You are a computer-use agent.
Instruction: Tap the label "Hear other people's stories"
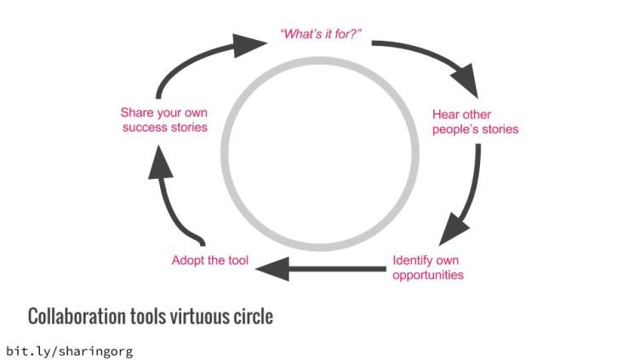[x=475, y=122]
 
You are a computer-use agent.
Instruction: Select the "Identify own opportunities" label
[x=428, y=267]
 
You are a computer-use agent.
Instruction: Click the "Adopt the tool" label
[x=210, y=260]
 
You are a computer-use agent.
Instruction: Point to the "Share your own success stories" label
[x=163, y=120]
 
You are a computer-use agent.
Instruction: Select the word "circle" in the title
[x=253, y=317]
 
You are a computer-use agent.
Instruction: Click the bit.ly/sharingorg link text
[x=70, y=351]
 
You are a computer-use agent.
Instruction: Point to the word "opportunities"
[x=428, y=275]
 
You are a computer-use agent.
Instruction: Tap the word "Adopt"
[x=187, y=260]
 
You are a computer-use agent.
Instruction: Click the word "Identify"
[x=414, y=260]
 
